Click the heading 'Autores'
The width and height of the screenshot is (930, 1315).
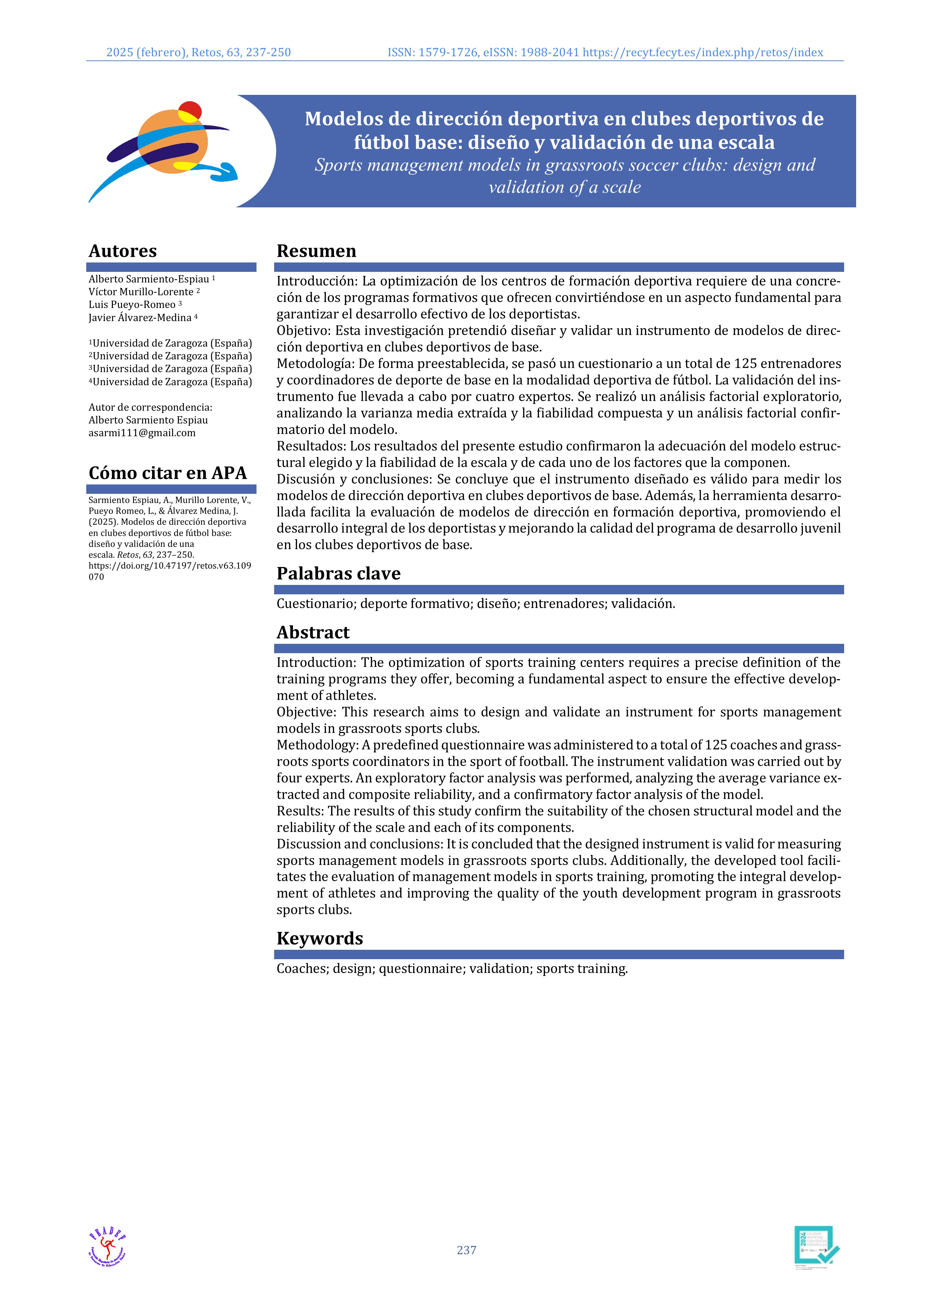[123, 251]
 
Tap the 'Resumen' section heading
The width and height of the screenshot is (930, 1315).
[316, 251]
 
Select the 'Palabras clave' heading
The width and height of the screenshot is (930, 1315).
[339, 573]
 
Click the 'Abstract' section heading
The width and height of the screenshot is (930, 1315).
[313, 632]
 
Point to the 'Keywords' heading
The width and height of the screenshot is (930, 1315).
[319, 938]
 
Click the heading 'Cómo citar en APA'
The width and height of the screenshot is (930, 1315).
[167, 473]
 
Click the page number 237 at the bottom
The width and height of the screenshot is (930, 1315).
[466, 1250]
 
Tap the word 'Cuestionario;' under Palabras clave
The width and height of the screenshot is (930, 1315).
[316, 604]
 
